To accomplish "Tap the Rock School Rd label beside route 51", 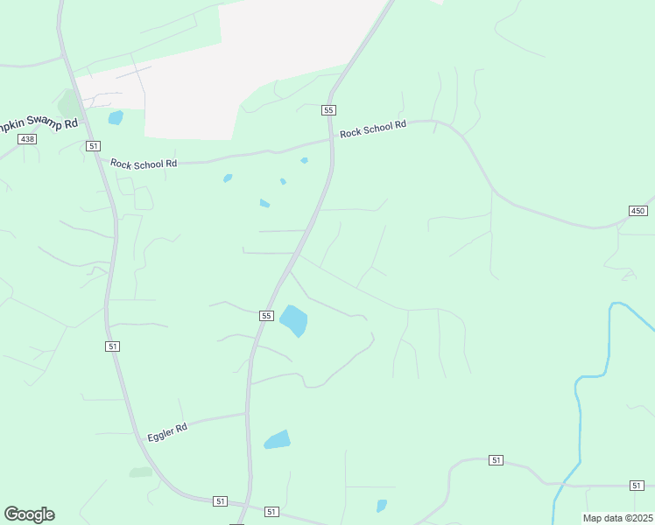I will (144, 163).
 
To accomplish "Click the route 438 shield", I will (27, 139).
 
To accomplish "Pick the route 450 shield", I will (637, 211).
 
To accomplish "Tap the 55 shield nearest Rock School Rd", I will (328, 109).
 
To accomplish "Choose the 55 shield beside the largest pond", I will (266, 315).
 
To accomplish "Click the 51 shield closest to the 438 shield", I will (94, 146).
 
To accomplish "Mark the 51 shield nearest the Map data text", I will (637, 485).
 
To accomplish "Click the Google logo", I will (29, 514).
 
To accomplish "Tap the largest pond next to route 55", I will (294, 320).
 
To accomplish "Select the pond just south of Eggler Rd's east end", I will (277, 439).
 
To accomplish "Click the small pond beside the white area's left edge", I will (116, 117).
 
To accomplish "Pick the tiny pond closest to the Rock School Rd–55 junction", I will (304, 160).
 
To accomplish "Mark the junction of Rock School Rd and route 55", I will (332, 140).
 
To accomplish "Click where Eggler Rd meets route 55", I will (246, 413).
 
